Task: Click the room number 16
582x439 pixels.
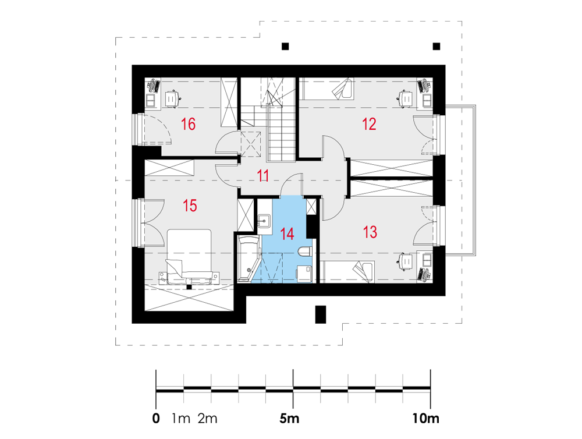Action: pos(188,124)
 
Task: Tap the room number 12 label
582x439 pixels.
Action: pos(369,124)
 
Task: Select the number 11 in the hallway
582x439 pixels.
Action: pos(263,176)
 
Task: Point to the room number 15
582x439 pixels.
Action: pos(190,206)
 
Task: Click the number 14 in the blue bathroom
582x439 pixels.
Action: pos(288,234)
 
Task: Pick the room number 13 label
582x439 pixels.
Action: pos(370,232)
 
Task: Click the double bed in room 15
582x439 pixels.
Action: pos(189,256)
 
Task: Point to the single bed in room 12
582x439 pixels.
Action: pos(327,89)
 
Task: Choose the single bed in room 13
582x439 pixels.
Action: pos(347,272)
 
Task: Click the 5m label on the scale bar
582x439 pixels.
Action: pos(289,419)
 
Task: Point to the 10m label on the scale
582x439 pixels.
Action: pos(426,419)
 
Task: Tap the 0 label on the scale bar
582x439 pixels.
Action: pos(156,419)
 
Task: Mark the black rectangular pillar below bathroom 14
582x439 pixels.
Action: pos(320,314)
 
